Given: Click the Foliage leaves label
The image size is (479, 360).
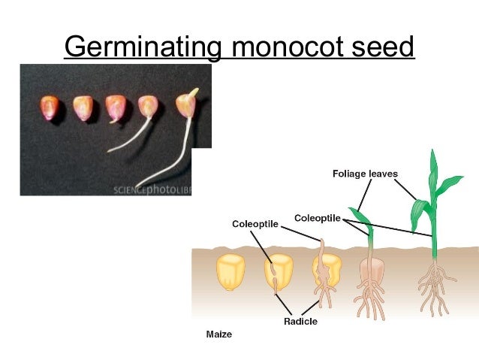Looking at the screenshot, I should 365,174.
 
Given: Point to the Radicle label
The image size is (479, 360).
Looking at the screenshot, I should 300,321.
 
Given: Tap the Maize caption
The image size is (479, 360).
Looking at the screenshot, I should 219,334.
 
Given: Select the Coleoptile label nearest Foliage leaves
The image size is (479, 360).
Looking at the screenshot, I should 318,218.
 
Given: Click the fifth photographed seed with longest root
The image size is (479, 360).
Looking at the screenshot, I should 185,105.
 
